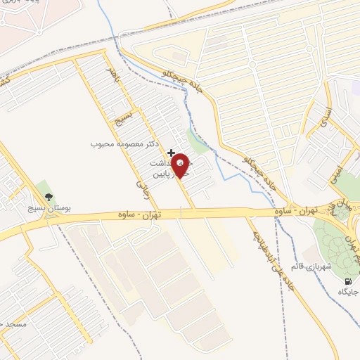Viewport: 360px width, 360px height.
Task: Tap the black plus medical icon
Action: [x=171, y=153]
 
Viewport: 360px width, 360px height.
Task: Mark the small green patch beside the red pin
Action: [x=199, y=143]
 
